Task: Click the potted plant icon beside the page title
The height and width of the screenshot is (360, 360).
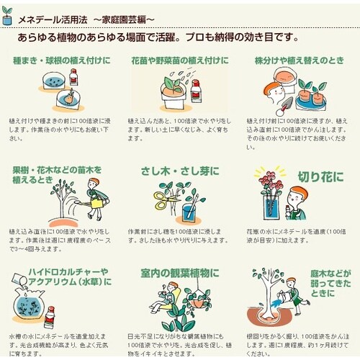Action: click(x=8, y=17)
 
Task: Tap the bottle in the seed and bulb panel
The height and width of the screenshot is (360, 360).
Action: click(x=73, y=77)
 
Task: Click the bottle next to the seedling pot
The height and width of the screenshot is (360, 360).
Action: click(x=196, y=91)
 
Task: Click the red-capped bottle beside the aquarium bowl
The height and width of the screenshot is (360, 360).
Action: click(x=50, y=318)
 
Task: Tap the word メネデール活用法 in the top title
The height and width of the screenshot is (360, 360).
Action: click(x=53, y=16)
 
